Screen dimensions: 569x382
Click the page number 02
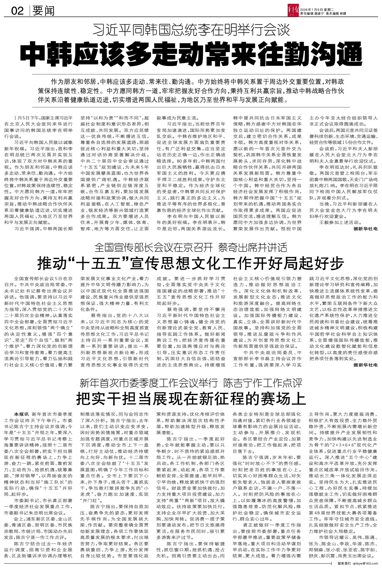(17, 11)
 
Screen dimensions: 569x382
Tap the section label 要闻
(43, 11)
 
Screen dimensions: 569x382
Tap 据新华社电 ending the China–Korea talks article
(365, 237)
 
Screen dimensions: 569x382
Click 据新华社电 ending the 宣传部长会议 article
(365, 365)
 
